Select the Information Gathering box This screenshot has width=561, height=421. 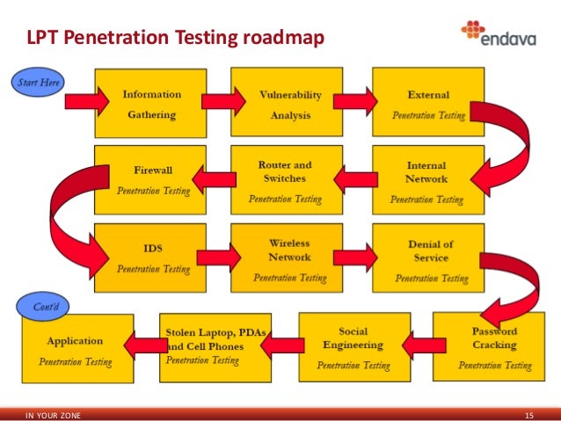click(151, 104)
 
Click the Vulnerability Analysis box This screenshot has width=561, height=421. click(289, 104)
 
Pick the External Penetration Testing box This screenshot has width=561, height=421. click(428, 104)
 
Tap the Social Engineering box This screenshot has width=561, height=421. click(353, 345)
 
